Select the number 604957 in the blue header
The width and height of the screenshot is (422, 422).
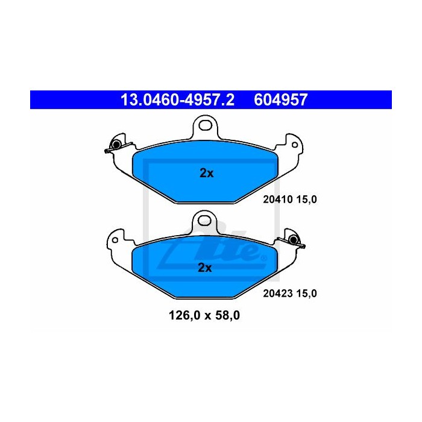click(282, 99)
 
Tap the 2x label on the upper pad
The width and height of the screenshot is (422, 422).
click(206, 173)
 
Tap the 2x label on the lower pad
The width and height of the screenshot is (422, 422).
click(205, 268)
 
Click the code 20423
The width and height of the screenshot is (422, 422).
click(276, 294)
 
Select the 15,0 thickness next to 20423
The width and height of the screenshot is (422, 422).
click(305, 294)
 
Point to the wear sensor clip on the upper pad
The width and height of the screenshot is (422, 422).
click(113, 146)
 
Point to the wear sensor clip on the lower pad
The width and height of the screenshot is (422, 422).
click(295, 241)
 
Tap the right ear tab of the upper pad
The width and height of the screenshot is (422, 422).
click(292, 145)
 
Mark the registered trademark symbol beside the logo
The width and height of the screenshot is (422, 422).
click(263, 259)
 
